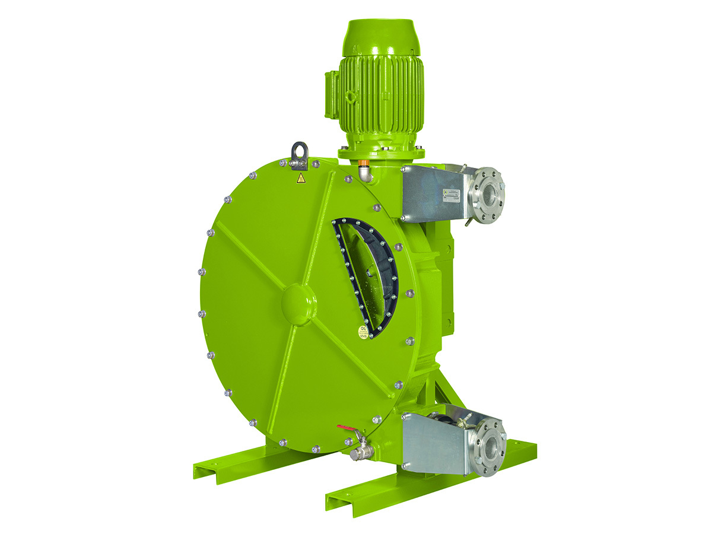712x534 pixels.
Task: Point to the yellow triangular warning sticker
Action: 301,178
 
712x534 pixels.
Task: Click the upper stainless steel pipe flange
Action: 488,194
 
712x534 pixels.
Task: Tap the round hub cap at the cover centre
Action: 298,304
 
